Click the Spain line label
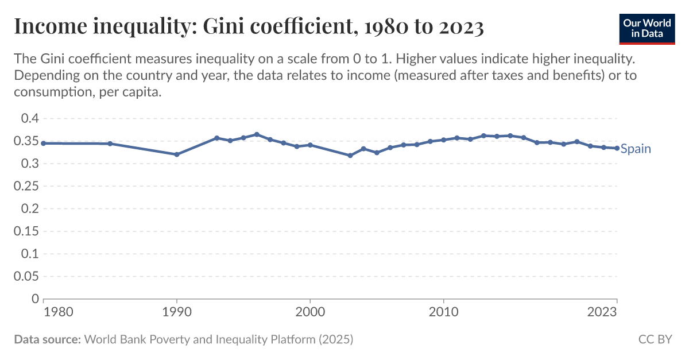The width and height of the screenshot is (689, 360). pos(636,149)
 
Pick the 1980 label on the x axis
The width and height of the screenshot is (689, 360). pos(58,312)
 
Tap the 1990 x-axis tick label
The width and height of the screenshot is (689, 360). pos(177,312)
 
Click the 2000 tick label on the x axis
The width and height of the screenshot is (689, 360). pos(310,312)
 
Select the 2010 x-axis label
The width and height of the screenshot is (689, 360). pos(443,312)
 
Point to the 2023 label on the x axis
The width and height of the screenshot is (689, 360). pos(602,312)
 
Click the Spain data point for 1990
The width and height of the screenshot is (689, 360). pos(177,154)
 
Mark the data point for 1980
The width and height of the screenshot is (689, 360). pos(44,143)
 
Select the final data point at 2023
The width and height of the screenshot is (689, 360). pos(617,148)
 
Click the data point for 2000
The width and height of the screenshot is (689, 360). pos(310,145)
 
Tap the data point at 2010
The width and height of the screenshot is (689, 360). pos(443,140)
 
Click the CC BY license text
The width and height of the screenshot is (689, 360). pos(655,339)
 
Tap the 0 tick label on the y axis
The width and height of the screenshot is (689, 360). pos(34,299)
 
